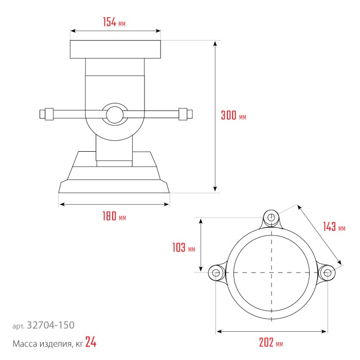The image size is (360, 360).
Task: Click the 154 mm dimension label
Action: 114,22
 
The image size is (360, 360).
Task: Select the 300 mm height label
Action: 233,115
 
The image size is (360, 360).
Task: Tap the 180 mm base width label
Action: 114,216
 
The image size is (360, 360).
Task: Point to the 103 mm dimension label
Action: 184,247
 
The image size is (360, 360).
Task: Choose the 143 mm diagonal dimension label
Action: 334,227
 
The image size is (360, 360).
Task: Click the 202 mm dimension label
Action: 271,343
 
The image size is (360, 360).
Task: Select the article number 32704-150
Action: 50,325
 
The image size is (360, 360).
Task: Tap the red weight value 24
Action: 91,342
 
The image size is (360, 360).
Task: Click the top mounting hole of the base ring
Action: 271,217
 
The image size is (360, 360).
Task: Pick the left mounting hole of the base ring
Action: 216,273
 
